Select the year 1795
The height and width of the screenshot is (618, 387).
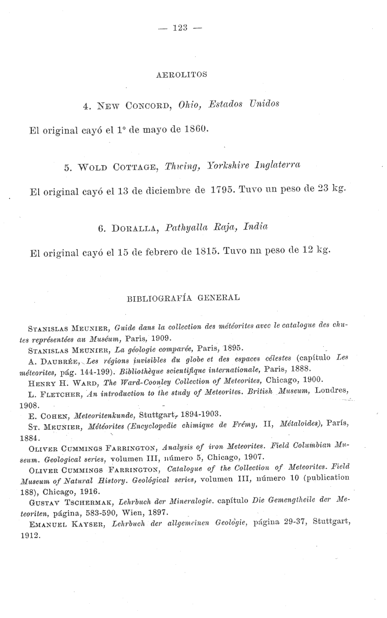click(x=223, y=189)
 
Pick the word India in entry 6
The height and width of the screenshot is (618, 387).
click(x=256, y=227)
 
